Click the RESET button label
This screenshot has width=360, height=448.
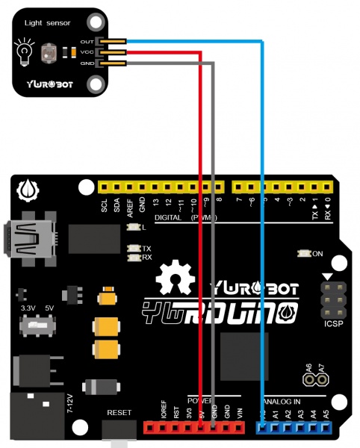tap(119, 412)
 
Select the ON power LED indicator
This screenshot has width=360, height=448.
tap(317, 254)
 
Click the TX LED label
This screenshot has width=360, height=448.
tap(146, 248)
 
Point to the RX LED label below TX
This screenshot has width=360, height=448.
tap(146, 258)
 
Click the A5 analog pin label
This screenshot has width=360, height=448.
tap(326, 412)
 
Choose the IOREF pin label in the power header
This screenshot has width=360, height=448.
tap(164, 409)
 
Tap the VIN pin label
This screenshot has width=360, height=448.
tap(240, 412)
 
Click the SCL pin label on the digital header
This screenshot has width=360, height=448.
tap(105, 207)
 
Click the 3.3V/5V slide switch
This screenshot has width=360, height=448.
tap(37, 326)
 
